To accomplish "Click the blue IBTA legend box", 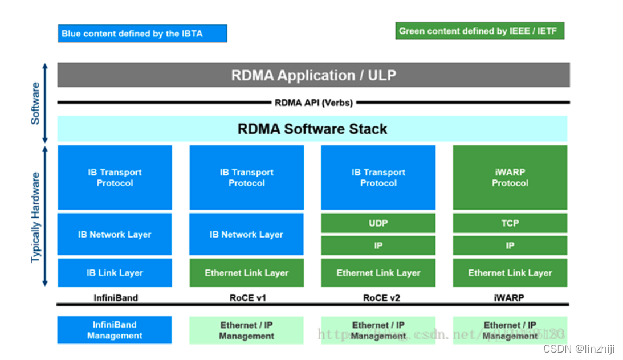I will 142,33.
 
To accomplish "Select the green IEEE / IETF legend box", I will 479,31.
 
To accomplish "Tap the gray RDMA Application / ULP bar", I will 313,75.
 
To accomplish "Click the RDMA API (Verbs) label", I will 313,103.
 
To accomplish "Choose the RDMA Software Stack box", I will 312,129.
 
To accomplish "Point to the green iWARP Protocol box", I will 510,177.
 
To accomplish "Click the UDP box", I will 378,223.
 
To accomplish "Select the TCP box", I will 510,223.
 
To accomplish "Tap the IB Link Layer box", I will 115,273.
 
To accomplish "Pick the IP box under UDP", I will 378,246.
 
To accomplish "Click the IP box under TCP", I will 510,246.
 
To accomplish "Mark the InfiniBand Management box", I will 115,330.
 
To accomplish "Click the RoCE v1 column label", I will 246,297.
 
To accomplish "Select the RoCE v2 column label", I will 378,297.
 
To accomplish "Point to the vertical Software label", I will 35,103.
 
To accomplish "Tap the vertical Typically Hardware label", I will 36,217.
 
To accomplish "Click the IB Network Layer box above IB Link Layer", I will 115,234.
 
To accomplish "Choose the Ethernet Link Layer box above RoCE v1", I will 246,273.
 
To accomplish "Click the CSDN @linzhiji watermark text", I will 580,349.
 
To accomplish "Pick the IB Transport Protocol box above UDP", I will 378,177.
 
